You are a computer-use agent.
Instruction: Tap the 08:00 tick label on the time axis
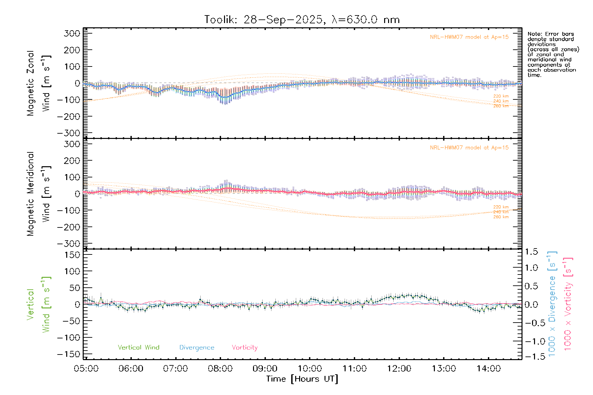220,368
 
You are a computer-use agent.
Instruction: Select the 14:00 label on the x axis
489,368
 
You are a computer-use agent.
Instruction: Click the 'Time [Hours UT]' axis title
302,379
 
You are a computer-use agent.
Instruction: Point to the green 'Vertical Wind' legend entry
138,347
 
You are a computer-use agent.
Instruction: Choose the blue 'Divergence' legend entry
197,347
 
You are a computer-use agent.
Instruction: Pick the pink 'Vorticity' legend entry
244,347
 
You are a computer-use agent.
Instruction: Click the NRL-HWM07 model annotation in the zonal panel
469,37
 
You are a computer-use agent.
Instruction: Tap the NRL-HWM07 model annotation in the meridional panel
469,147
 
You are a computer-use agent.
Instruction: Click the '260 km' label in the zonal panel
501,106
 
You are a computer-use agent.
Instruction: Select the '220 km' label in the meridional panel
501,207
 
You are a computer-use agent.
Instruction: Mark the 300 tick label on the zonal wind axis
72,33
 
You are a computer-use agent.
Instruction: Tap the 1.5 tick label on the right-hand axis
531,252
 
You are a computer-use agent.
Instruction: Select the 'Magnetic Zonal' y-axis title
30,83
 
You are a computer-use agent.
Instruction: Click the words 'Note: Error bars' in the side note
551,34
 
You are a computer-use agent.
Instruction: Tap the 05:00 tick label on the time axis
86,368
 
